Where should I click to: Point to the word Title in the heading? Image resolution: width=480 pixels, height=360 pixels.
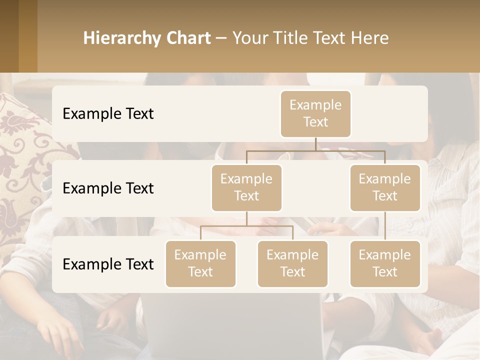(x=296, y=38)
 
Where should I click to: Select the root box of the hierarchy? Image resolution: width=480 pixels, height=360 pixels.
(x=315, y=113)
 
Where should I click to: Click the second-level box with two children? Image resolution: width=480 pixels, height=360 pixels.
(x=246, y=187)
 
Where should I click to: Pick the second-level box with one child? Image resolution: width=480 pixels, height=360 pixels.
(x=385, y=187)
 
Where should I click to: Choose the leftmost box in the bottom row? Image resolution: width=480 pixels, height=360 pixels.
(x=200, y=263)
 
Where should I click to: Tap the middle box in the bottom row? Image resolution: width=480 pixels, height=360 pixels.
(x=292, y=263)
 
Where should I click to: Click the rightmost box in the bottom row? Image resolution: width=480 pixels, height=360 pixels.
(x=385, y=263)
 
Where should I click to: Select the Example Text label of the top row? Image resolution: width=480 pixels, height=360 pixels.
(x=108, y=114)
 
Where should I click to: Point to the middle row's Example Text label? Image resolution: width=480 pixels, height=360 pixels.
(x=108, y=188)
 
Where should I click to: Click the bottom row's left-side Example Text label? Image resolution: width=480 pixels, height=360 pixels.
(x=108, y=264)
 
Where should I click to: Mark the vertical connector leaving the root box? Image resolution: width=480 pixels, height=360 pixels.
(x=315, y=144)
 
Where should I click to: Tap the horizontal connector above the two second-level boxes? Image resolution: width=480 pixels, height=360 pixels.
(x=315, y=150)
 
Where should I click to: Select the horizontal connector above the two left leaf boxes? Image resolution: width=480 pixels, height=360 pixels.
(x=246, y=226)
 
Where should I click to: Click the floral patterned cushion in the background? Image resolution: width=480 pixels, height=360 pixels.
(x=25, y=165)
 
